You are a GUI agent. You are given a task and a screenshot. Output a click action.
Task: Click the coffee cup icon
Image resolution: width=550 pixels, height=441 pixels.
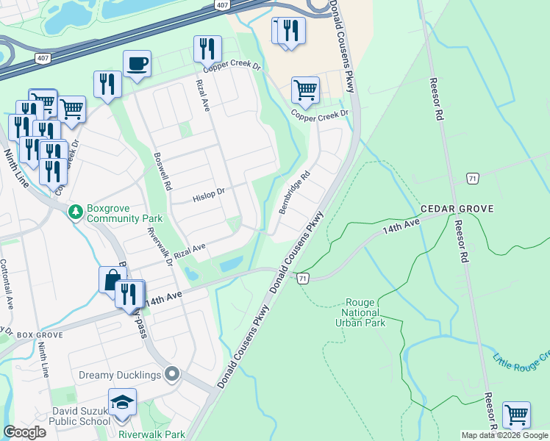click(137, 64)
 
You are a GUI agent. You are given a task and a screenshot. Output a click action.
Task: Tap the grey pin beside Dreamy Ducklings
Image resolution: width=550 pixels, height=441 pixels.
click(172, 375)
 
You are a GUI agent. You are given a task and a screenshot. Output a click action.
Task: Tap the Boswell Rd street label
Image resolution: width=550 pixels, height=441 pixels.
click(162, 171)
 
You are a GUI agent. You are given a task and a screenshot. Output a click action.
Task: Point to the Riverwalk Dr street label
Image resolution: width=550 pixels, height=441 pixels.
click(160, 246)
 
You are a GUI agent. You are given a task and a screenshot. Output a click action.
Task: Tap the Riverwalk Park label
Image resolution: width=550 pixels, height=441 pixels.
click(152, 434)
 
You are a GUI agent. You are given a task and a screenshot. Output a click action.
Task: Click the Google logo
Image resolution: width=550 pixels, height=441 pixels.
click(24, 432)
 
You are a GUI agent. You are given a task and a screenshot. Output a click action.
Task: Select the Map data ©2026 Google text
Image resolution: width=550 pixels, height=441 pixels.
click(504, 435)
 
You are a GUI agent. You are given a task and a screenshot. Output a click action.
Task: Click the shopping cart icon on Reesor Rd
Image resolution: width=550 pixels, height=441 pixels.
click(516, 415)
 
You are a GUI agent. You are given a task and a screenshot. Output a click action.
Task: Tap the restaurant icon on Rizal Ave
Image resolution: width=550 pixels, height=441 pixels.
click(207, 49)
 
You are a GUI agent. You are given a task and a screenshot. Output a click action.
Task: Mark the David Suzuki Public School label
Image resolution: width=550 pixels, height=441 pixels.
click(81, 416)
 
